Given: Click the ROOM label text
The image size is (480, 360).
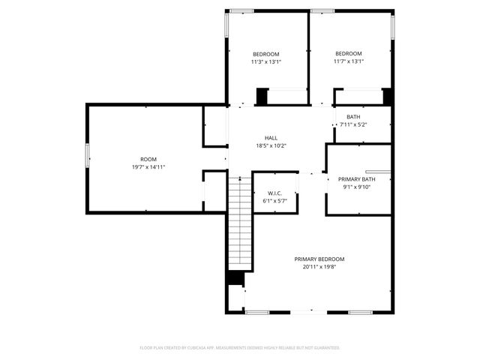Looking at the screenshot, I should [x=148, y=159].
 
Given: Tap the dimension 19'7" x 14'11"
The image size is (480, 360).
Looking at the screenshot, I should [x=148, y=166].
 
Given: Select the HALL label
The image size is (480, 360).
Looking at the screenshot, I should [x=271, y=138].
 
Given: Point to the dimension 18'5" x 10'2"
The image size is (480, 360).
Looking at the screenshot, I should [x=271, y=145].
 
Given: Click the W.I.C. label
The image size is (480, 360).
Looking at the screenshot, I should [x=274, y=193].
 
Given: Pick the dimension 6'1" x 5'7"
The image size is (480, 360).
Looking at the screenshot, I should [x=274, y=201].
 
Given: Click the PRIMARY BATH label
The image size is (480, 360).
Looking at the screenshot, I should [x=357, y=179].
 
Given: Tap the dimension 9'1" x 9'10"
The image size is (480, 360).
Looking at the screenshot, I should [x=357, y=187].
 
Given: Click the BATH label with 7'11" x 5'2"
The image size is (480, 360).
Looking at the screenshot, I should [x=353, y=117].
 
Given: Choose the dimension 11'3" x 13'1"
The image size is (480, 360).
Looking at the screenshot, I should [x=265, y=61].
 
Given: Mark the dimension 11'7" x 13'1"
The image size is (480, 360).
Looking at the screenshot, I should [x=348, y=61].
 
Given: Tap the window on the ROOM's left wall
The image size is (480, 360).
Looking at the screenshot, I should [x=87, y=158].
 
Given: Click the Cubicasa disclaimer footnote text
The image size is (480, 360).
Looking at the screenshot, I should [x=240, y=348].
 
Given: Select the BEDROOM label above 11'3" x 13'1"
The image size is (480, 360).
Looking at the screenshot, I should [x=265, y=54].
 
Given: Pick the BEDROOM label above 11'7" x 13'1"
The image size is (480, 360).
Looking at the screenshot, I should [x=348, y=54].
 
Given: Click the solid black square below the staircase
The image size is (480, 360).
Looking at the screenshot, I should [x=235, y=278].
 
